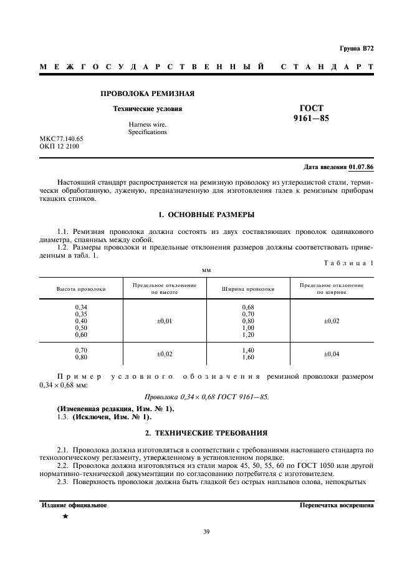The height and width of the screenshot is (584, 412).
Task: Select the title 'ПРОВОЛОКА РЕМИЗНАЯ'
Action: click(148, 94)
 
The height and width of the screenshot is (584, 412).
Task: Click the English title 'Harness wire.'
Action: click(148, 125)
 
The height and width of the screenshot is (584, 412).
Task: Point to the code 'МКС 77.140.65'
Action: click(62, 139)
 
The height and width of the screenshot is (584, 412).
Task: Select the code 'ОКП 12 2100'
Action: click(59, 147)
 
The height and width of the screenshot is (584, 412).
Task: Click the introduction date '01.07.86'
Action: click(361, 167)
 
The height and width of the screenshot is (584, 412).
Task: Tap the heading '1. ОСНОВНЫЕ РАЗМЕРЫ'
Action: click(206, 215)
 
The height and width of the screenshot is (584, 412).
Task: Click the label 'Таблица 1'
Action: click(346, 263)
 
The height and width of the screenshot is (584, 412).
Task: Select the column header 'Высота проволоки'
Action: click(81, 289)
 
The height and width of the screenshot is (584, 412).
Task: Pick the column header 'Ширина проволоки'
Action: click(248, 289)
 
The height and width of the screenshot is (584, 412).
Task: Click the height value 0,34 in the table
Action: click(81, 307)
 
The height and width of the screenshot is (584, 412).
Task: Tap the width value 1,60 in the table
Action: click(248, 358)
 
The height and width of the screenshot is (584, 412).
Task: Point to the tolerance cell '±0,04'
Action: click(332, 354)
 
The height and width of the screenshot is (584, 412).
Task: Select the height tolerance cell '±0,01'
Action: click(165, 321)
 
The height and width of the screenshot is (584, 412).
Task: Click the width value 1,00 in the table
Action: click(248, 328)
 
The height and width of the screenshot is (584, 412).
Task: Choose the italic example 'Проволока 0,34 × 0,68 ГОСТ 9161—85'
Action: click(206, 396)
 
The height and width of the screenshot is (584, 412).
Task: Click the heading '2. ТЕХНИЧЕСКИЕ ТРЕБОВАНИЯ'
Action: click(206, 432)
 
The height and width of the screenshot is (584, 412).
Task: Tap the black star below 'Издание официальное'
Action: click(65, 516)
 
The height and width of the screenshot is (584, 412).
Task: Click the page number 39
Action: click(206, 532)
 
